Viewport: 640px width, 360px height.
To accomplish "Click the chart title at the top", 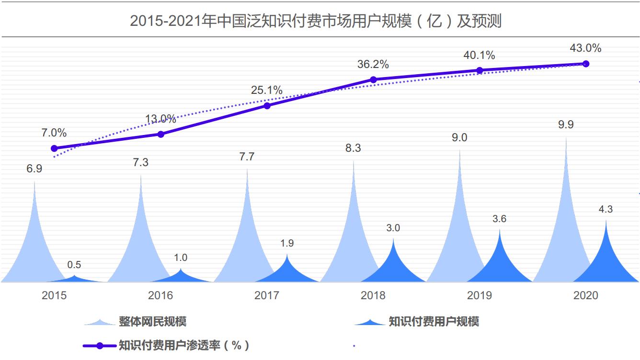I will [316, 21].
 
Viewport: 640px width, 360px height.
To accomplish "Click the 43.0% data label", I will [585, 48].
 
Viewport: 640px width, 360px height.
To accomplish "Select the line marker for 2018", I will [373, 79].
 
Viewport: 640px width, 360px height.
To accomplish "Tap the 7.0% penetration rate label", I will [54, 133].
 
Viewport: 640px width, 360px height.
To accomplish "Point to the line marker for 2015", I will [54, 148].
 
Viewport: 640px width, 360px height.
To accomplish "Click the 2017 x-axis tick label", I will [267, 295].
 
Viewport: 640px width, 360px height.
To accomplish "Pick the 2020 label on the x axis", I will [585, 295].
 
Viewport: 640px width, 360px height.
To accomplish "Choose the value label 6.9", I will [34, 169].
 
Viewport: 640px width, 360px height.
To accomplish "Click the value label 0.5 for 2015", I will [74, 265].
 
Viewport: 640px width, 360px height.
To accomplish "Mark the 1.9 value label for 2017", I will [287, 243].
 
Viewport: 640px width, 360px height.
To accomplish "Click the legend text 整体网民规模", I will [152, 321].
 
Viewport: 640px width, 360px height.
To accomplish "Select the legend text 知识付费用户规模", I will [433, 321].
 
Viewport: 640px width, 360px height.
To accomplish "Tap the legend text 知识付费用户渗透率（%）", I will [184, 345].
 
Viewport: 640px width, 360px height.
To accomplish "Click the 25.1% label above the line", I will [267, 90].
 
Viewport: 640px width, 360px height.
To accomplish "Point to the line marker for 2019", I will [480, 70].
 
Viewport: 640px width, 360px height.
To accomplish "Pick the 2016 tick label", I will [160, 295].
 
